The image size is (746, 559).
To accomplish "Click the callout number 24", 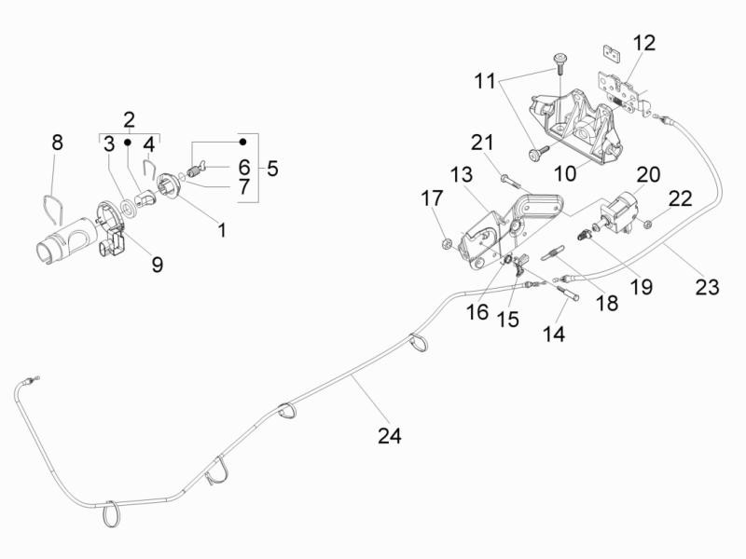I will tap(390, 435).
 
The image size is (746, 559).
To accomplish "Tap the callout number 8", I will tap(57, 143).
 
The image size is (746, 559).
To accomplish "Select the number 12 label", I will tap(643, 43).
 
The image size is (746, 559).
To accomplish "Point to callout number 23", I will tap(707, 287).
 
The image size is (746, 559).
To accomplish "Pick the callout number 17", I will tap(432, 198).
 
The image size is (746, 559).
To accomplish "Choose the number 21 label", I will tap(481, 143).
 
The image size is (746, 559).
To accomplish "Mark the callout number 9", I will tap(157, 265).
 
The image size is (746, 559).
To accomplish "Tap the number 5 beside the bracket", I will tap(272, 169).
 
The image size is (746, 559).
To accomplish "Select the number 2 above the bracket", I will tap(129, 119).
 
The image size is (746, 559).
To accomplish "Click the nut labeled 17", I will tap(447, 245).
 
